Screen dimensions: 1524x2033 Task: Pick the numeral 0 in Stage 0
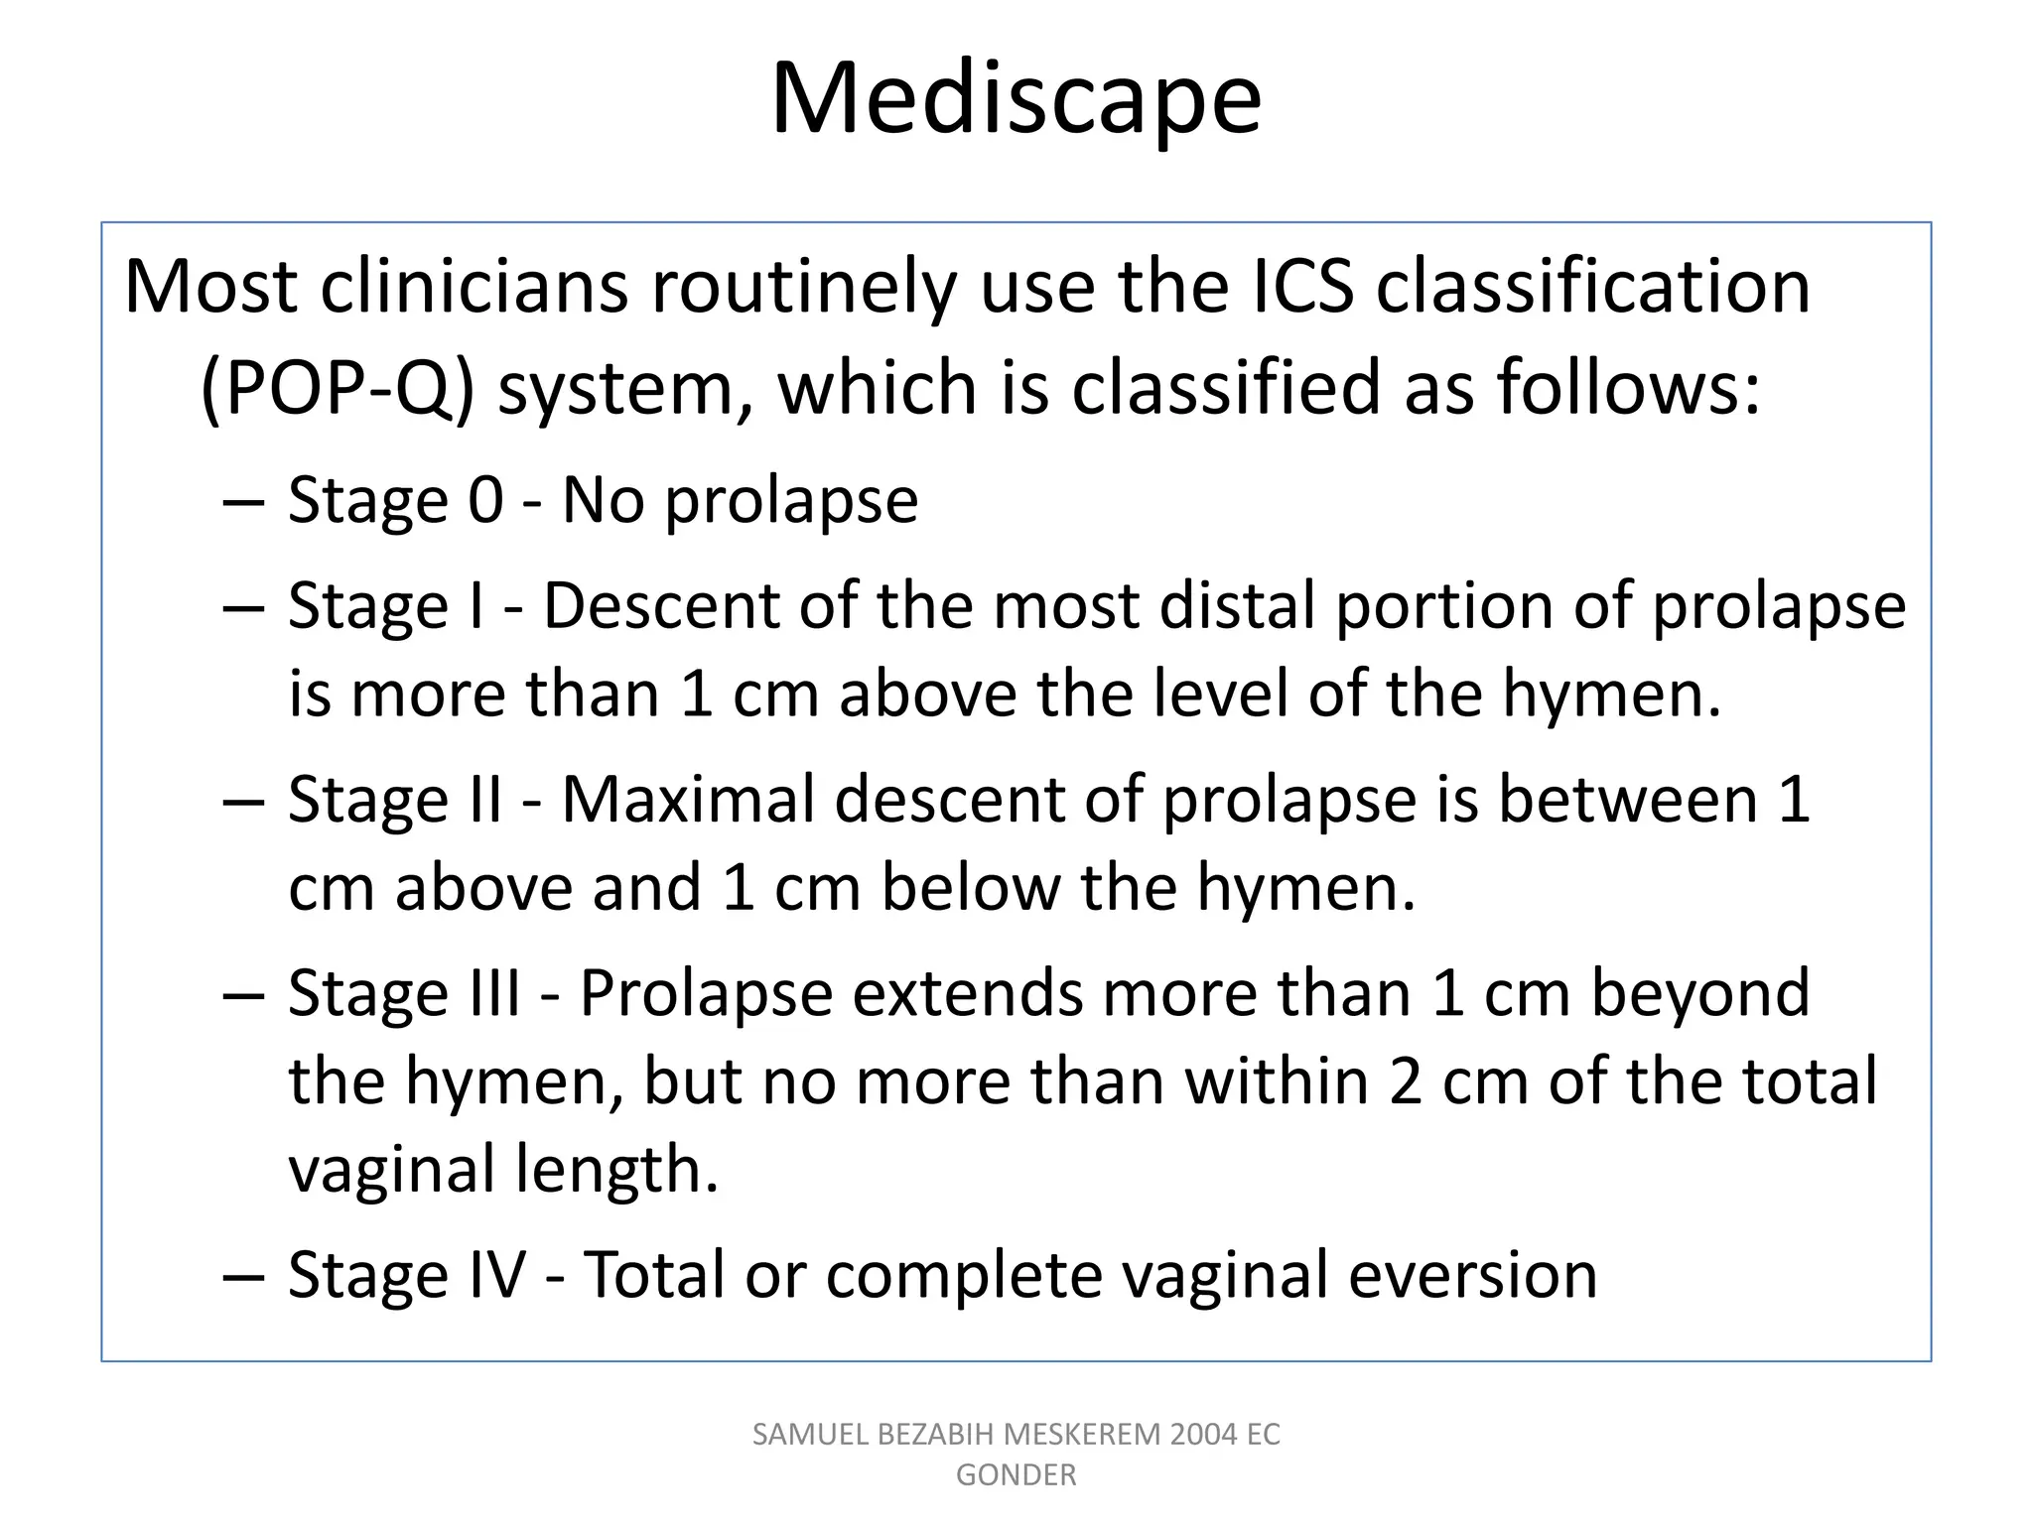(485, 500)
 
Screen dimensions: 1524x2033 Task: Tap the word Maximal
(688, 800)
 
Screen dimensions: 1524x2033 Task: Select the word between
(1627, 800)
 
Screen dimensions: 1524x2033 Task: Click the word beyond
(1700, 992)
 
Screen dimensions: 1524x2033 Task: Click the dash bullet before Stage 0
(243, 502)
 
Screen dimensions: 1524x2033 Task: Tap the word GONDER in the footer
(1016, 1475)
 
